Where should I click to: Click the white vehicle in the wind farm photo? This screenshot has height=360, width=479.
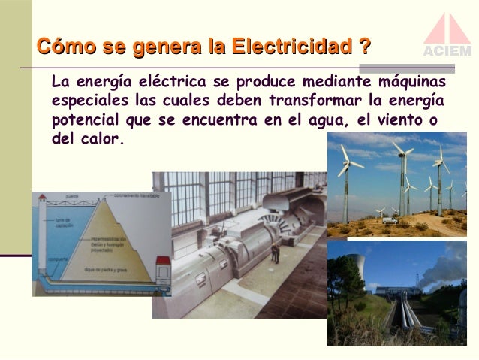(x=390, y=221)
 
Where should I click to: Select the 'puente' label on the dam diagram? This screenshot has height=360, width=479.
(x=72, y=197)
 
